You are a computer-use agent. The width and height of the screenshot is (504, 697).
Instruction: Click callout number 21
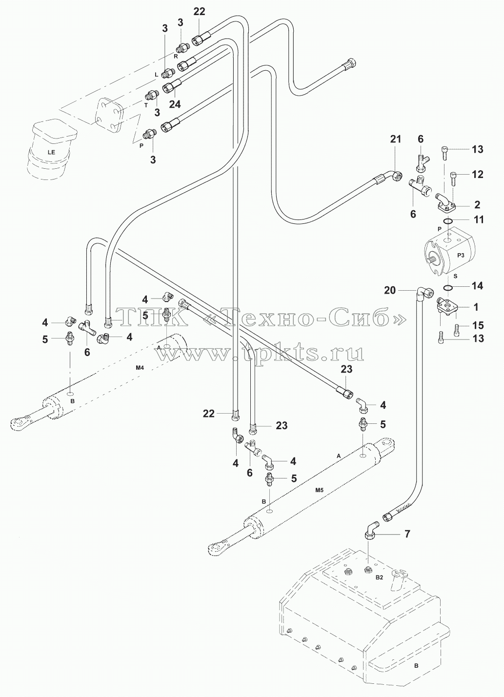[x=396, y=139]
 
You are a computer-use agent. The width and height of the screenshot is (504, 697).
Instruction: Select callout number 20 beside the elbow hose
[x=390, y=290]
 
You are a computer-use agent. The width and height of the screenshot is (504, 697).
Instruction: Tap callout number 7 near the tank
[x=407, y=534]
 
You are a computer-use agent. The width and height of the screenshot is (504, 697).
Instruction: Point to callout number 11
[x=479, y=219]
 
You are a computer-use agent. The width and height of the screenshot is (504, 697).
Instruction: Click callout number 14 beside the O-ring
[x=478, y=286]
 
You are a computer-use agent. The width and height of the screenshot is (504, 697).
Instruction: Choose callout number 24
[x=175, y=104]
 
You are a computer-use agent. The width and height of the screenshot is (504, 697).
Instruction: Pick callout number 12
[x=478, y=174]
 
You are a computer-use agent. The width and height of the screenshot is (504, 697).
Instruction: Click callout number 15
[x=478, y=325]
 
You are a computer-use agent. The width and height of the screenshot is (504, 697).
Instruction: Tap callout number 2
[x=477, y=204]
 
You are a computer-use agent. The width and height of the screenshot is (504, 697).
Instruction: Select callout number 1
[x=476, y=307]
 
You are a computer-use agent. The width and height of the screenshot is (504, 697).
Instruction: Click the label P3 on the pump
[x=461, y=255]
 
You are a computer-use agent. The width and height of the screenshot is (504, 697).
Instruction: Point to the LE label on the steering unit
[x=51, y=152]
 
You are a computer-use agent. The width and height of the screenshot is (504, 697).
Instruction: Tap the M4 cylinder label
[x=140, y=368]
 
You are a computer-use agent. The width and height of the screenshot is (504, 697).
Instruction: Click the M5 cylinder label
[x=320, y=490]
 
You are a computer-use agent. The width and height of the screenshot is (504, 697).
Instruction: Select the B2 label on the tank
[x=379, y=578]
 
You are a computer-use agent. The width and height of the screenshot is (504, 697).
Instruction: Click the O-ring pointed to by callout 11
[x=448, y=221]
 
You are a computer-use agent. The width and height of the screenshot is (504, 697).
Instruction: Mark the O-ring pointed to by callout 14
[x=448, y=287]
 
